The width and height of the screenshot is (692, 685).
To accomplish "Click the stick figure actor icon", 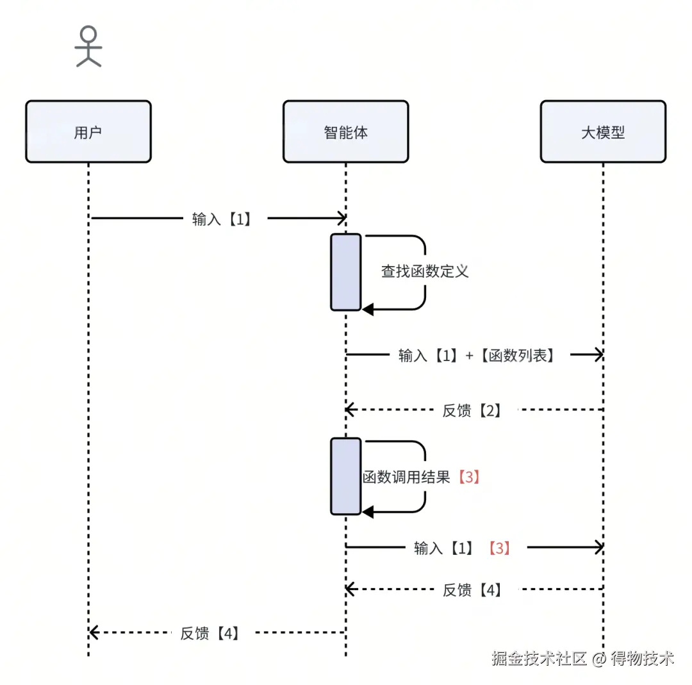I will point(88,46).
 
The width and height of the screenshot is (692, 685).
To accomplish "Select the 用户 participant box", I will point(88,132).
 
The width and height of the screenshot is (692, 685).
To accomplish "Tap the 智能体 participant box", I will point(345,132).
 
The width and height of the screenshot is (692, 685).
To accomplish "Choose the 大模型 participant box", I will point(602,132).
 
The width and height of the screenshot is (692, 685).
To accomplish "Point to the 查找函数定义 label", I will point(425,271).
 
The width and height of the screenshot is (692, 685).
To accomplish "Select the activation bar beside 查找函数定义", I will point(346,272).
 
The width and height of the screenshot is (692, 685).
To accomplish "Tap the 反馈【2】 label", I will point(472,410).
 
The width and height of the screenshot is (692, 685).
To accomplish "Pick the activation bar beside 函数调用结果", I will point(346,476).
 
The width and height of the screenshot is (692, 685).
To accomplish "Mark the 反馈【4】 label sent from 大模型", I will point(472,589).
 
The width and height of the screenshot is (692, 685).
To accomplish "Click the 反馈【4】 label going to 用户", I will point(210,633).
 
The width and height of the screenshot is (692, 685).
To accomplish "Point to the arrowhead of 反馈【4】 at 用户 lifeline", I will point(94,633).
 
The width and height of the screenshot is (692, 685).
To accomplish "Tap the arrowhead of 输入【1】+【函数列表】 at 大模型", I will point(598,355).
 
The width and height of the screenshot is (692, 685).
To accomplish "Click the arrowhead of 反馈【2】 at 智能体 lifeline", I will point(350,409).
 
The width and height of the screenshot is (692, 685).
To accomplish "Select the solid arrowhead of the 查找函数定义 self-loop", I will point(368,310).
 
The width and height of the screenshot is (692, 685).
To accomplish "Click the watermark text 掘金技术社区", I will point(540,659).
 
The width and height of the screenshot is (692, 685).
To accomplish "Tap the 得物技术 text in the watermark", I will point(642,659).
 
